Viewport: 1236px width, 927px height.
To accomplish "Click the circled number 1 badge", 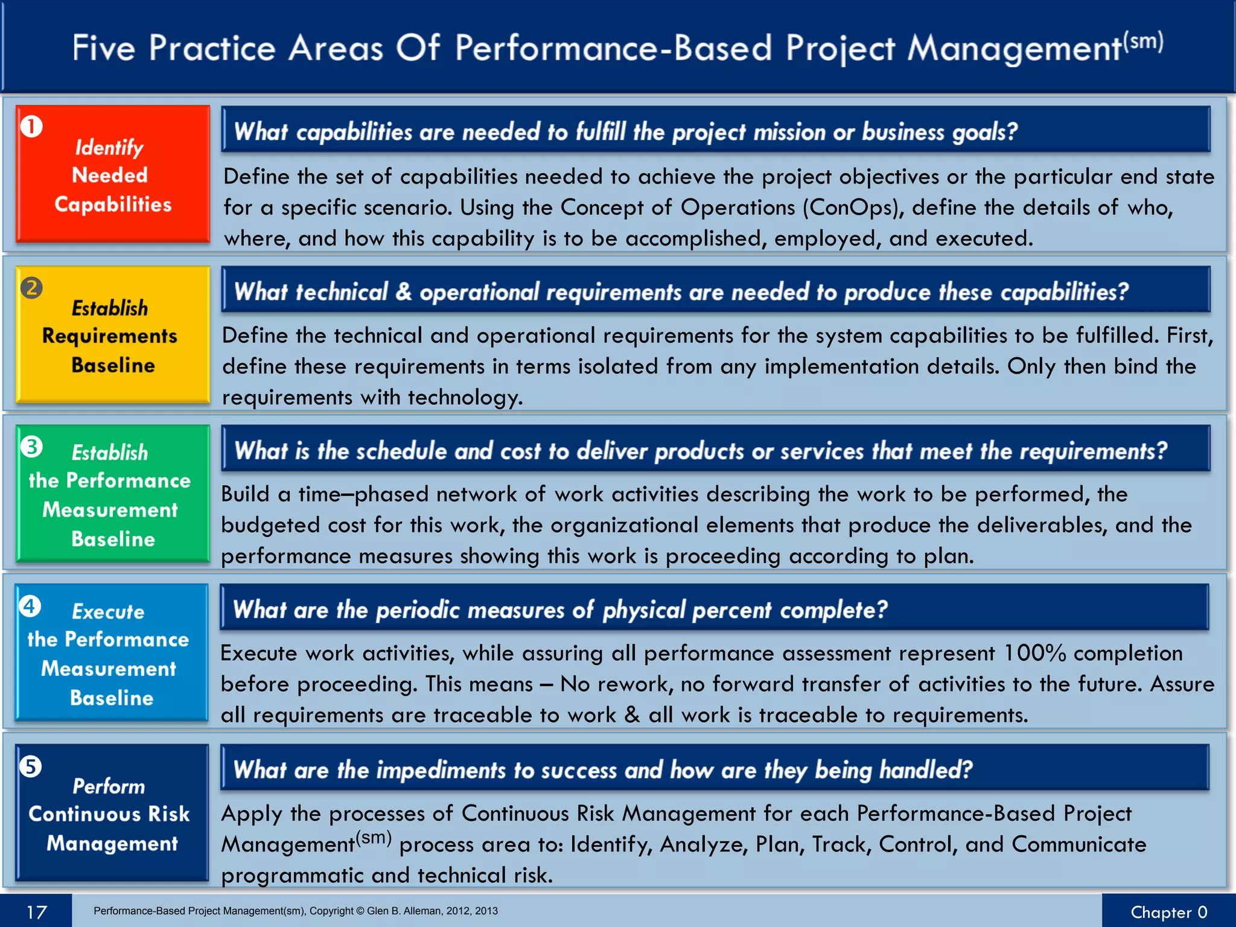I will pos(31,127).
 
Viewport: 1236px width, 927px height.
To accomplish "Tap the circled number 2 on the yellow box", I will pos(31,288).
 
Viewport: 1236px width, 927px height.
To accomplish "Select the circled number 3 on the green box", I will pos(31,447).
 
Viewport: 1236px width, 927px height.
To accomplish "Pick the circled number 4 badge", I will pos(30,606).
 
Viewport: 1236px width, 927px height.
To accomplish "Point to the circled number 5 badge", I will pos(30,767).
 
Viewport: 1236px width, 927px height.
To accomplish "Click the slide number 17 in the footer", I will pos(36,912).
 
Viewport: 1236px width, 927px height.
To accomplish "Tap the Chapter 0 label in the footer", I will pos(1168,912).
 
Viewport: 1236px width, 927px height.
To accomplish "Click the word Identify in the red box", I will pos(109,147).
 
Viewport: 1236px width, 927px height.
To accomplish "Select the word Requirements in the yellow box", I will pos(110,336).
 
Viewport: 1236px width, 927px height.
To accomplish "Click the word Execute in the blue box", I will pos(109,611).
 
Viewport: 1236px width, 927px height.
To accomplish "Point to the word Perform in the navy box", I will pos(109,786).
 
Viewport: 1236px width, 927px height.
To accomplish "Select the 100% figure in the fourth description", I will pos(1034,653).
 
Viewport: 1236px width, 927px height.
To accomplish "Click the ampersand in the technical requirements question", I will pos(404,292).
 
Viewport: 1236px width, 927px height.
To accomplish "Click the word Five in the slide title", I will pos(104,48).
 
